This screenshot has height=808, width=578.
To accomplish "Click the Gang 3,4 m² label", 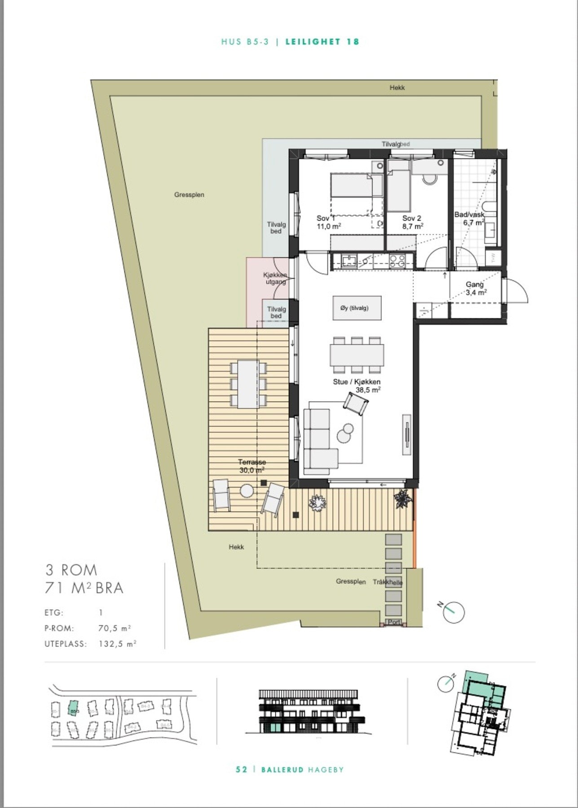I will (x=475, y=288).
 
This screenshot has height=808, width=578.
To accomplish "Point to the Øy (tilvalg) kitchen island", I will (x=357, y=308).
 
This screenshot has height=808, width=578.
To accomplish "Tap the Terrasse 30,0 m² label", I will (x=251, y=465).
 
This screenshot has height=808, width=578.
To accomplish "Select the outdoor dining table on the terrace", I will (x=248, y=384).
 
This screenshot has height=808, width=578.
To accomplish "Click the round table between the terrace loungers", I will (x=247, y=491).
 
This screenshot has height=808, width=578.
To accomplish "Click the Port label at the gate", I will (x=394, y=622).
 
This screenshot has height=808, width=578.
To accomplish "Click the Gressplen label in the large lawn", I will (x=189, y=195).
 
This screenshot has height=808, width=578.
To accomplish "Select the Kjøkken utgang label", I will (x=275, y=278).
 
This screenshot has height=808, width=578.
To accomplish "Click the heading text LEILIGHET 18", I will (x=322, y=42).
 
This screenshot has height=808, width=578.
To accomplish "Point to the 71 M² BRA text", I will (x=84, y=588).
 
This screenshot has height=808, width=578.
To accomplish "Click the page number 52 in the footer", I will (x=241, y=769).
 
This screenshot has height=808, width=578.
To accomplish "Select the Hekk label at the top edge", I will (x=397, y=88).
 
